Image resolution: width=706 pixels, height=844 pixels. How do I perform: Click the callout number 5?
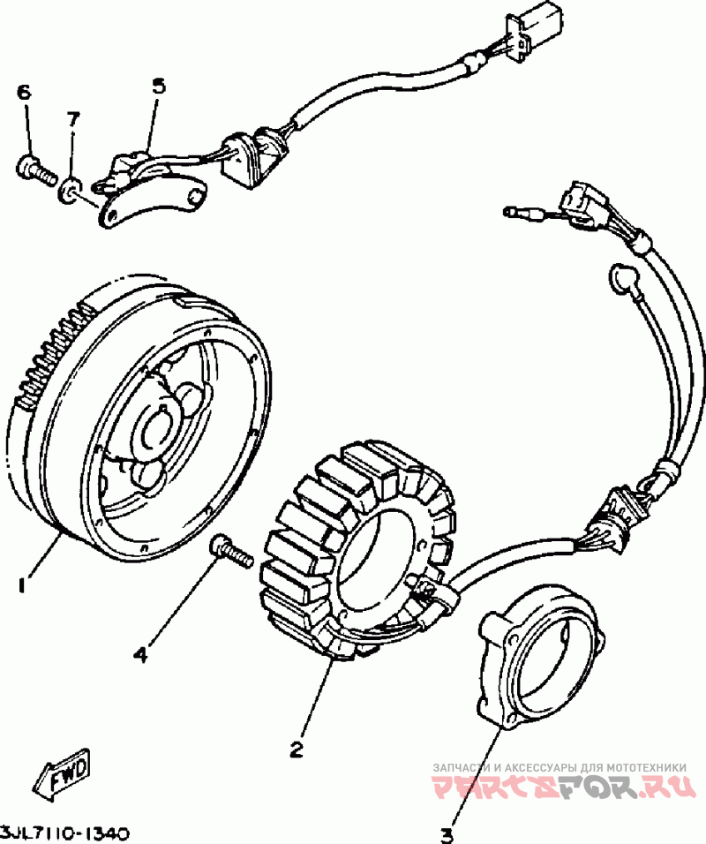point(159,87)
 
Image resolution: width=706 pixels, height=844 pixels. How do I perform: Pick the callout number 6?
point(24,93)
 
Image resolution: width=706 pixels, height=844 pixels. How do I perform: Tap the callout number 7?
point(72,118)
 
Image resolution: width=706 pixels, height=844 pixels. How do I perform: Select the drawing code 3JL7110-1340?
point(65,833)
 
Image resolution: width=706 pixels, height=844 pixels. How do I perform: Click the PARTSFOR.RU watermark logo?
point(560,788)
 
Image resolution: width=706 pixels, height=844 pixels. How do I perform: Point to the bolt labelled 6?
point(36,168)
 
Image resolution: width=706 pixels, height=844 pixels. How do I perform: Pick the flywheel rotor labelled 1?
point(137,423)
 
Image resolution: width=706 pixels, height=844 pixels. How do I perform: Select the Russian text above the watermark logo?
point(560,767)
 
